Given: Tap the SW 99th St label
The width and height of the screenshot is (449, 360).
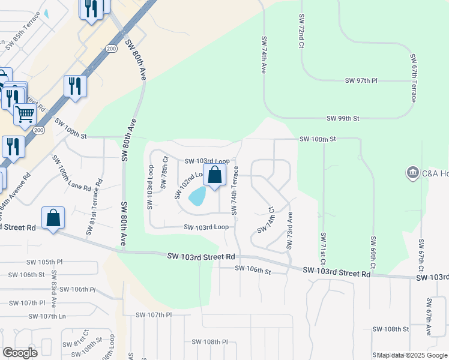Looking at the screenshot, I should pyautogui.click(x=343, y=119).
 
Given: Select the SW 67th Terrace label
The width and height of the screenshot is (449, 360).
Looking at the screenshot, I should pyautogui.click(x=413, y=78).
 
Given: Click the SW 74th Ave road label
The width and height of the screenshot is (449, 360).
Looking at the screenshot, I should pyautogui.click(x=264, y=55).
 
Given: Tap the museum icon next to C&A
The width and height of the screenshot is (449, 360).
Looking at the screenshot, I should pyautogui.click(x=412, y=173).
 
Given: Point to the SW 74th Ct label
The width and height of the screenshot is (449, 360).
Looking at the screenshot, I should pyautogui.click(x=266, y=221).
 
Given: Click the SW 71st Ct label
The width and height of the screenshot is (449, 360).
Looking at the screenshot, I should pyautogui.click(x=323, y=249).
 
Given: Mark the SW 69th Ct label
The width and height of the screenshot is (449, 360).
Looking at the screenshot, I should pyautogui.click(x=373, y=249).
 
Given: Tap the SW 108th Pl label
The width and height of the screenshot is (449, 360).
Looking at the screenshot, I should pyautogui.click(x=210, y=341).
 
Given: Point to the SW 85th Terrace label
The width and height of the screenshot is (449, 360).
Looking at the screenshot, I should pyautogui.click(x=23, y=37).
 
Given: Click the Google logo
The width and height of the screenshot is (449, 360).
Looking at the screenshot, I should pyautogui.click(x=20, y=352).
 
